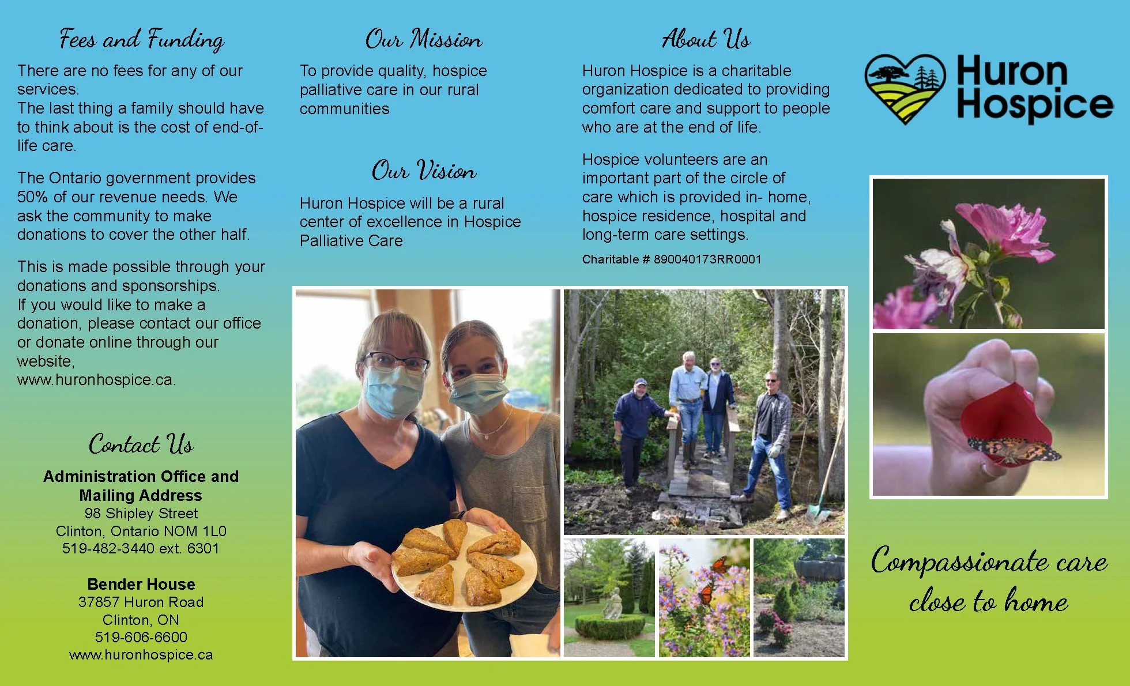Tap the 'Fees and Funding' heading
click(142, 39)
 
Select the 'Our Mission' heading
click(424, 39)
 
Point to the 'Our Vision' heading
click(424, 171)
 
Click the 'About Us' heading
click(706, 39)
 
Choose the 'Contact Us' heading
click(141, 444)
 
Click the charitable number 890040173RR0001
click(707, 259)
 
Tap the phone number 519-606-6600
click(141, 637)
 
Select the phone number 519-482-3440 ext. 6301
click(141, 548)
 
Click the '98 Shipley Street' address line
click(141, 513)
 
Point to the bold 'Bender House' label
click(141, 584)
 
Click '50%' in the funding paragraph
click(32, 197)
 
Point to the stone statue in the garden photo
click(612, 602)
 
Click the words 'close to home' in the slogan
click(988, 602)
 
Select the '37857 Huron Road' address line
click(141, 602)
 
